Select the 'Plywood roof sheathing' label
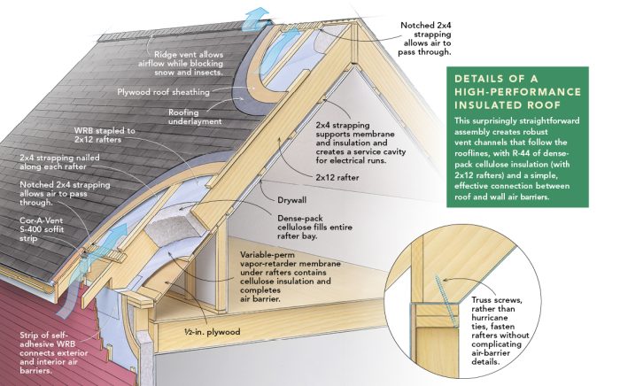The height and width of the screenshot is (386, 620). (163, 92)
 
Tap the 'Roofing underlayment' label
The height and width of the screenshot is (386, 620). (198, 119)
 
